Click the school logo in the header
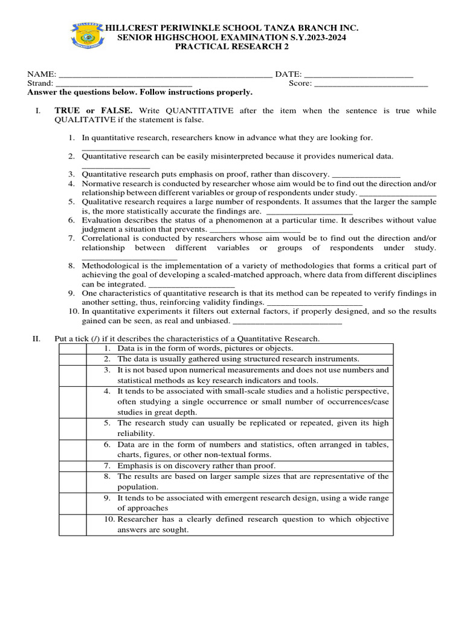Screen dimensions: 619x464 tap(88, 36)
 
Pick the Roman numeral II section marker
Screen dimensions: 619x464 tap(37, 339)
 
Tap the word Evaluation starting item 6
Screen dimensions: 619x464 tap(102, 220)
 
